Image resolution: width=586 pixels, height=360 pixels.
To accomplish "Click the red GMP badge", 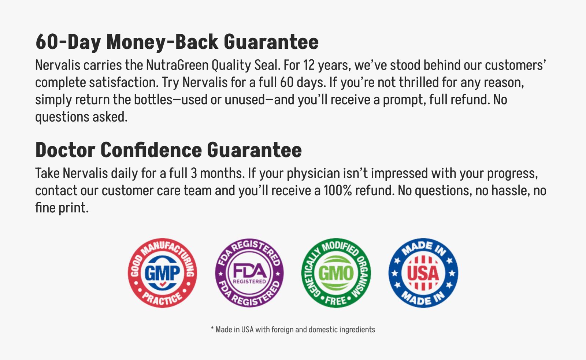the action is (163, 273).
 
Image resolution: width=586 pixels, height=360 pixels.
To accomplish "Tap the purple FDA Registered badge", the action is (249, 273).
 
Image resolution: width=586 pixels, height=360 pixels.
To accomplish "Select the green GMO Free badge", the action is (336, 273).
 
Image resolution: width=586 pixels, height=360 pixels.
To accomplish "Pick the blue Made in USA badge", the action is (423, 273).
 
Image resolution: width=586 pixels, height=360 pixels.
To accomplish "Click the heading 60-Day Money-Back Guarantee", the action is (177, 42).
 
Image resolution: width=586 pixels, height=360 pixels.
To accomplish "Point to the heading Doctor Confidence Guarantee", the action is (168, 150).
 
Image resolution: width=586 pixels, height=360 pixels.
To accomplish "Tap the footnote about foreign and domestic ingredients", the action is (293, 329).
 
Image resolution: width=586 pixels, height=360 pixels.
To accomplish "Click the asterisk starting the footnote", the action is (212, 328).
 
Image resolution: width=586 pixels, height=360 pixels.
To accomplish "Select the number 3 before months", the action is (194, 173).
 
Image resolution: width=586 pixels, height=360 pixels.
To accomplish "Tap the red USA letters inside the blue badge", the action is (423, 273).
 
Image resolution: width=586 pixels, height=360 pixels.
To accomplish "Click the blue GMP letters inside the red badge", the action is (163, 272).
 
